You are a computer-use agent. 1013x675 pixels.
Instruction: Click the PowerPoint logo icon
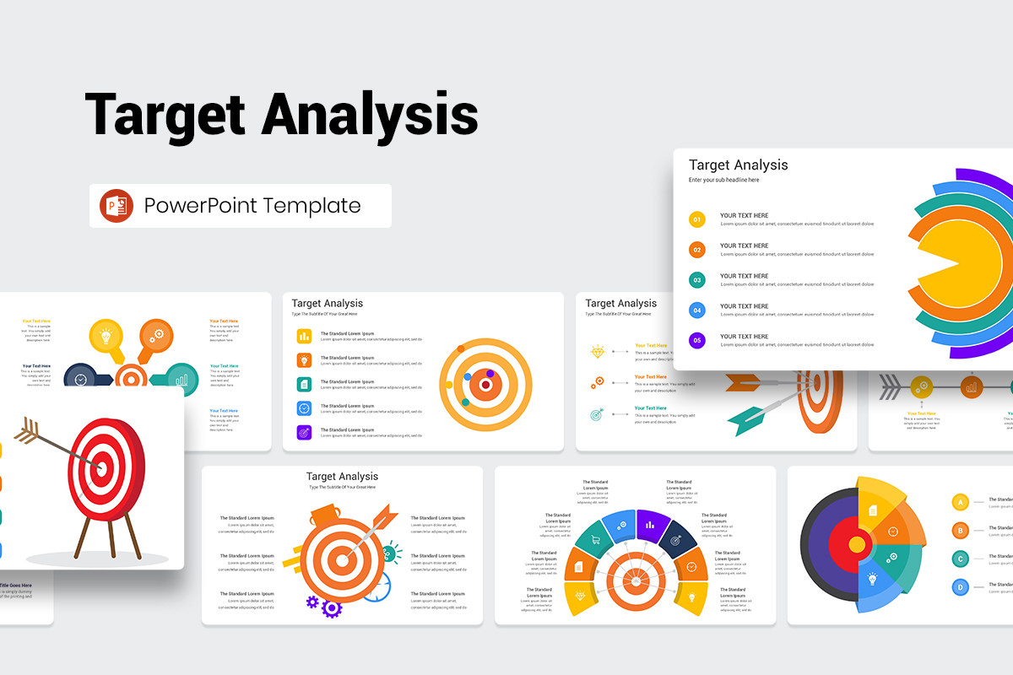coord(116,206)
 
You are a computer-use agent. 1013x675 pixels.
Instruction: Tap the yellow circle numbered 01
coord(697,220)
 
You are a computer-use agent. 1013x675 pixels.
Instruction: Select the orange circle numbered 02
coord(697,250)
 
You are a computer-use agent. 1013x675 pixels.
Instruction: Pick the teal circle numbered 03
coord(697,280)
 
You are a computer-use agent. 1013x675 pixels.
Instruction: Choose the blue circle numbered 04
coord(697,310)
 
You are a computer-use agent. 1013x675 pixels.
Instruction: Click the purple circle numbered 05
coord(697,341)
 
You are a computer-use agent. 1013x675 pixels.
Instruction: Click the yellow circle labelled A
coord(960,503)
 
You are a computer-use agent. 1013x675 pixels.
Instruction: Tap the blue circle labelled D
coord(960,587)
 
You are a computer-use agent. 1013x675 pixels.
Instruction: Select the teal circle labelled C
coord(960,559)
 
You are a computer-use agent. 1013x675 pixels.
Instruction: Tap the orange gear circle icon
coord(156,335)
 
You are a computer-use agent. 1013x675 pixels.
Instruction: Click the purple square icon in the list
coord(304,432)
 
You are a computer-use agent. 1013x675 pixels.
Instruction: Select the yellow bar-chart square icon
coord(304,336)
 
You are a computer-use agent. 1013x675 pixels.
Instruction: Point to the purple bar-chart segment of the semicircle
coord(650,524)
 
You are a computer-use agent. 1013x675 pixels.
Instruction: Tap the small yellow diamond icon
coord(598,351)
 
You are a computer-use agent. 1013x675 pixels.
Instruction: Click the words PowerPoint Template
coord(252,206)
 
